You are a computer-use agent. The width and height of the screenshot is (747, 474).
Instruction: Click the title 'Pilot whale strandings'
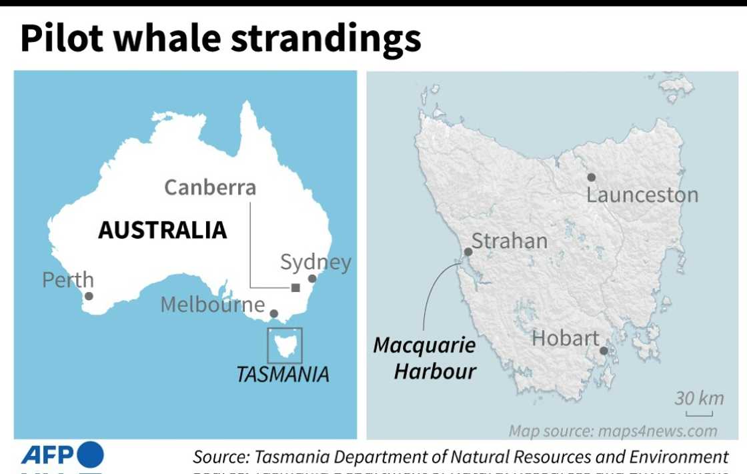tap(220, 39)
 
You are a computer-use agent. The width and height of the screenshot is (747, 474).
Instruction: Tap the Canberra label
tap(210, 187)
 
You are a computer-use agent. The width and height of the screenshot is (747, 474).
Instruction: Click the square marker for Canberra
tap(295, 288)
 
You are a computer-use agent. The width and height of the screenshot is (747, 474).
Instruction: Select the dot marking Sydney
tap(311, 279)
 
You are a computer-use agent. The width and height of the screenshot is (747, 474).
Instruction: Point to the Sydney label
tap(315, 262)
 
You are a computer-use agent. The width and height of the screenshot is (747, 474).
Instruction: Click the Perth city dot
tap(89, 296)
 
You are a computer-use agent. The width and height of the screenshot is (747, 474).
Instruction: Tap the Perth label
tap(67, 279)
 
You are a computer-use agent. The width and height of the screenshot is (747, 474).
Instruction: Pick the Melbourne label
tap(213, 305)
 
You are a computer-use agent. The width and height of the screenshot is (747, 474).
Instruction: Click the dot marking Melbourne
tap(273, 313)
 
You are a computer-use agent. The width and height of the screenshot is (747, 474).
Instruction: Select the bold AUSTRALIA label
tap(162, 230)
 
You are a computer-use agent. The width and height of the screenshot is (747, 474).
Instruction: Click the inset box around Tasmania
tap(285, 345)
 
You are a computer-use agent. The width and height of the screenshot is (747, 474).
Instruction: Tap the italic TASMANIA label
tap(283, 374)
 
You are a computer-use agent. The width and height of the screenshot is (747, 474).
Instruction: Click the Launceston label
tap(642, 195)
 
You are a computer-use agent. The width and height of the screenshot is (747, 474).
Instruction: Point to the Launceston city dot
tap(591, 177)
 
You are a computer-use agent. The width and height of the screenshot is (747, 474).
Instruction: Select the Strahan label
tap(510, 241)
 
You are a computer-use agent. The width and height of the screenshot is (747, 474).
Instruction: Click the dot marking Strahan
tap(468, 252)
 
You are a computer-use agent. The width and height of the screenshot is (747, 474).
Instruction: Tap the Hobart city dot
tap(604, 351)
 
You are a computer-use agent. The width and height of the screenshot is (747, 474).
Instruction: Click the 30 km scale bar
tap(698, 413)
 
